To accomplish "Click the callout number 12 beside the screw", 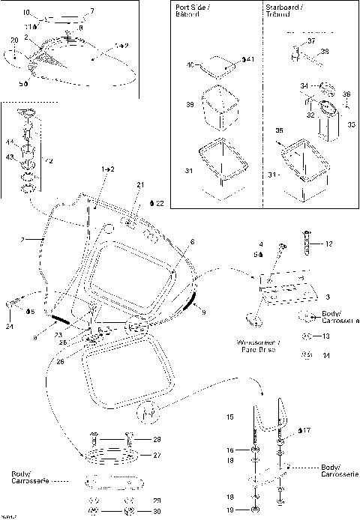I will click(x=328, y=244).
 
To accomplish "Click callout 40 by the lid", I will click(x=191, y=65).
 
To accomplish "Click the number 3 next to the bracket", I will click(x=328, y=297).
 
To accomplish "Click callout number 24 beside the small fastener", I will click(x=9, y=326).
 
